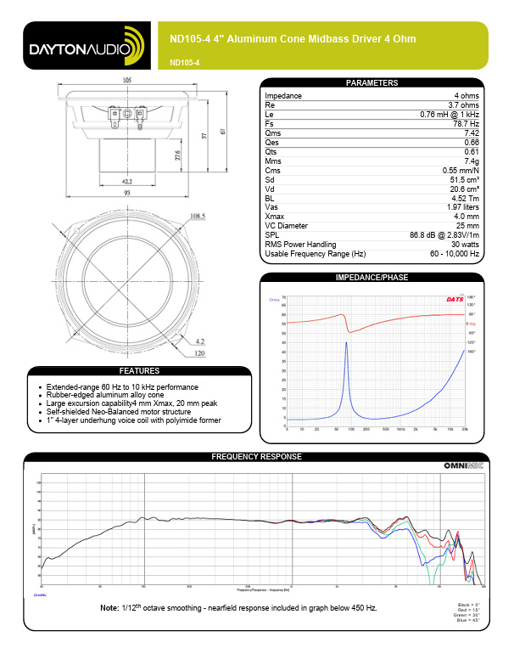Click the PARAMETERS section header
pos(372,83)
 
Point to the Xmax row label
pos(277,217)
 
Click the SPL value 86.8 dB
pos(445,235)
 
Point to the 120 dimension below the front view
pos(200,352)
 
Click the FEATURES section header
pos(138,371)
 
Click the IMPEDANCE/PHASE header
pos(372,278)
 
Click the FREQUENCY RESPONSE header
pos(256,457)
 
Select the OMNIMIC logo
pos(462,466)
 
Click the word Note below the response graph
pos(109,608)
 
